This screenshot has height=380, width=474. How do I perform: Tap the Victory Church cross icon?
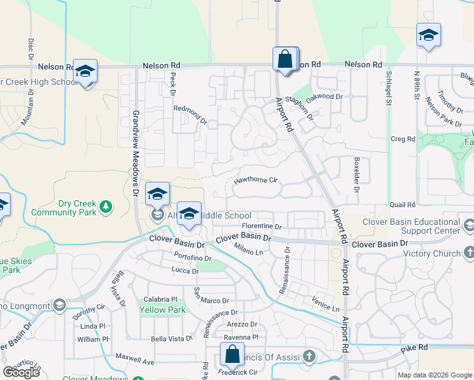(x=468, y=254)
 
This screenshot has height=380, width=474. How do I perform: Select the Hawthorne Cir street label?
(x=256, y=180)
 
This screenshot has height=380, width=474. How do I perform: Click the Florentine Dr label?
(x=261, y=226)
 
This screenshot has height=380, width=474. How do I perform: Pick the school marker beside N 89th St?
(x=428, y=35)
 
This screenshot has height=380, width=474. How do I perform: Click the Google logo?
(x=22, y=372)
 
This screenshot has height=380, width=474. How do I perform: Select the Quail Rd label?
(x=402, y=205)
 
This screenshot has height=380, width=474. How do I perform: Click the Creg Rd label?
(x=402, y=139)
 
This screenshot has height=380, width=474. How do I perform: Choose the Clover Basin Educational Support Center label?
(x=411, y=226)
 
